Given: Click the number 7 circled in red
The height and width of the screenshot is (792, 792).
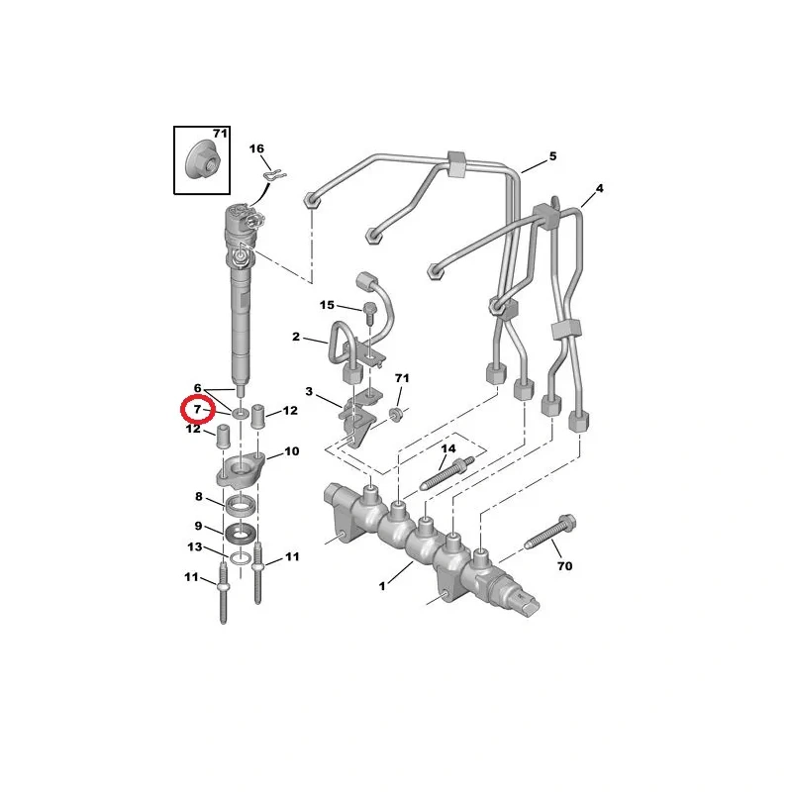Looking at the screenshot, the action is tap(197, 409).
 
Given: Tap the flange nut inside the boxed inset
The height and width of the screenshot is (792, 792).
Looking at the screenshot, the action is tap(203, 158).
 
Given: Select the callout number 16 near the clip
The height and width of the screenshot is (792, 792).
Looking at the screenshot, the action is tap(256, 148).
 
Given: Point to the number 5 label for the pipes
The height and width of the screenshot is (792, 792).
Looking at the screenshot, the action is tap(553, 156).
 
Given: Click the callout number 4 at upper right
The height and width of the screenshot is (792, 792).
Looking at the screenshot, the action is tap(600, 188).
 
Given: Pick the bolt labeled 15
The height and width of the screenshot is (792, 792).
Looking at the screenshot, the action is tap(368, 314).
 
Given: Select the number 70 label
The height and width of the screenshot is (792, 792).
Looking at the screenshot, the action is tap(564, 565).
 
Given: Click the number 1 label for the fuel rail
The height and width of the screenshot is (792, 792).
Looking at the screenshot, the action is tap(382, 586).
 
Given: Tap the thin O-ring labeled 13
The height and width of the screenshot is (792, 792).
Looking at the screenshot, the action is tap(241, 558).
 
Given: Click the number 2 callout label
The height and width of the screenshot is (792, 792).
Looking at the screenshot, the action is tap(296, 337).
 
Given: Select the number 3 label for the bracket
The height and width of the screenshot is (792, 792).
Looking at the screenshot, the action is tap(309, 391).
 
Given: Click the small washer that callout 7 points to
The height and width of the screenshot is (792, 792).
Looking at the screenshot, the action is tap(241, 414).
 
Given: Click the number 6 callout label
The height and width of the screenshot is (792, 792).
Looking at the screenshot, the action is tap(197, 388).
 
